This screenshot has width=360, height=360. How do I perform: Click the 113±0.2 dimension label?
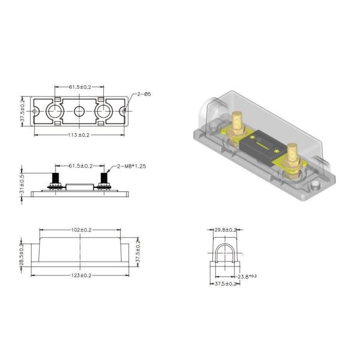click(80, 136)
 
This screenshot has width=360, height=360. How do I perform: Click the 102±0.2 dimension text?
click(80, 230)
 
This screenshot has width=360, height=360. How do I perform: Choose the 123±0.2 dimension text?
click(80, 275)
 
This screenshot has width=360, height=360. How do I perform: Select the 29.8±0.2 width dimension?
click(226, 229)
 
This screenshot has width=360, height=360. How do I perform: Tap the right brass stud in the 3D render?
click(292, 156)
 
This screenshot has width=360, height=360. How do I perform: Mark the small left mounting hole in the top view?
click(35, 111)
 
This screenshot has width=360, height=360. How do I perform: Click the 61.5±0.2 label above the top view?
click(80, 87)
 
